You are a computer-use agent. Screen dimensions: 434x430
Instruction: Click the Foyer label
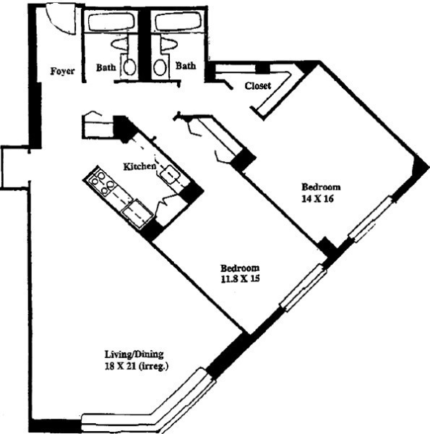click(63, 71)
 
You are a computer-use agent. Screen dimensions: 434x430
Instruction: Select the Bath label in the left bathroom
click(106, 67)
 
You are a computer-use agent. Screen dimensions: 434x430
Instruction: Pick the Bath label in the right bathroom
click(186, 66)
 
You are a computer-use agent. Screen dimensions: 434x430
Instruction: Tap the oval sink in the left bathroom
click(129, 67)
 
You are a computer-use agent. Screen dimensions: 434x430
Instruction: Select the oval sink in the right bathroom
click(160, 67)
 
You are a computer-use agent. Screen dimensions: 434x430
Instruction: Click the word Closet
click(258, 85)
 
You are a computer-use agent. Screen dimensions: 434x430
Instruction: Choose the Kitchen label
click(139, 166)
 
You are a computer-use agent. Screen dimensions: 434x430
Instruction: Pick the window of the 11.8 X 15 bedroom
click(303, 287)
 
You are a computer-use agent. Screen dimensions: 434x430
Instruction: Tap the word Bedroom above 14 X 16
click(321, 186)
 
